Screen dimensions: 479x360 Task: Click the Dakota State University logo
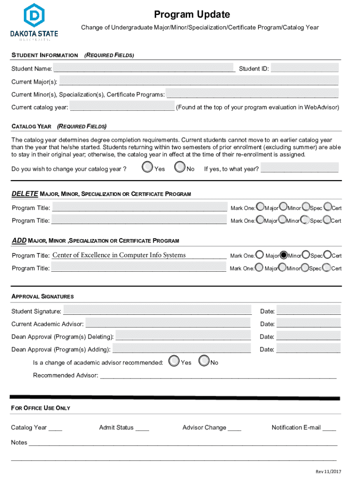pyautogui.click(x=33, y=21)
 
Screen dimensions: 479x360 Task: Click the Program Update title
pyautogui.click(x=192, y=15)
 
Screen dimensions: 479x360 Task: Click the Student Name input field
pyautogui.click(x=144, y=69)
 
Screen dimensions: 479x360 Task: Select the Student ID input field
pyautogui.click(x=304, y=68)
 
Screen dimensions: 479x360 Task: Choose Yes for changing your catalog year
pyautogui.click(x=148, y=167)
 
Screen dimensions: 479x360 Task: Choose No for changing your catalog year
pyautogui.click(x=180, y=167)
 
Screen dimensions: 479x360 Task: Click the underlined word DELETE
pyautogui.click(x=25, y=194)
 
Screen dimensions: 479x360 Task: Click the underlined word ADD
pyautogui.click(x=19, y=240)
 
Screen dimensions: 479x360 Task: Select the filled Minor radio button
pyautogui.click(x=283, y=255)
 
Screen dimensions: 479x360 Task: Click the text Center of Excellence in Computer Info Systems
pyautogui.click(x=119, y=255)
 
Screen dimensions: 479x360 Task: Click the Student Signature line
pyautogui.click(x=157, y=311)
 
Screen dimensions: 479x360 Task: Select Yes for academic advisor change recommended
pyautogui.click(x=174, y=361)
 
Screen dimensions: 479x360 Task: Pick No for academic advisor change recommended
pyautogui.click(x=204, y=361)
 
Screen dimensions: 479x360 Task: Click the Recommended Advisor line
pyautogui.click(x=218, y=375)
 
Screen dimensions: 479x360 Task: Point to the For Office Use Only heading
pyautogui.click(x=41, y=408)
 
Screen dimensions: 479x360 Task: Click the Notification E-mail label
pyautogui.click(x=296, y=428)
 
